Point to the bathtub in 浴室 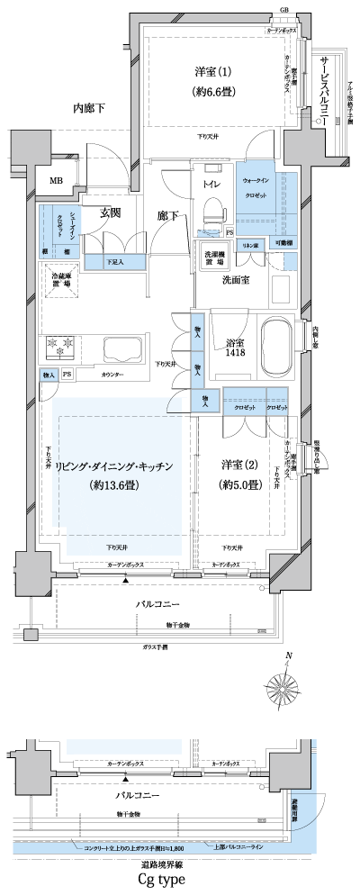tap(274, 345)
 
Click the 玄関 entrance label tap(110, 213)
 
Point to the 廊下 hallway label tap(167, 216)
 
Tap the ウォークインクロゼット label tap(260, 185)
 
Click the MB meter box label tap(57, 180)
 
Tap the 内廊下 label tap(89, 109)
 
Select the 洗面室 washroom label tap(237, 281)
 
